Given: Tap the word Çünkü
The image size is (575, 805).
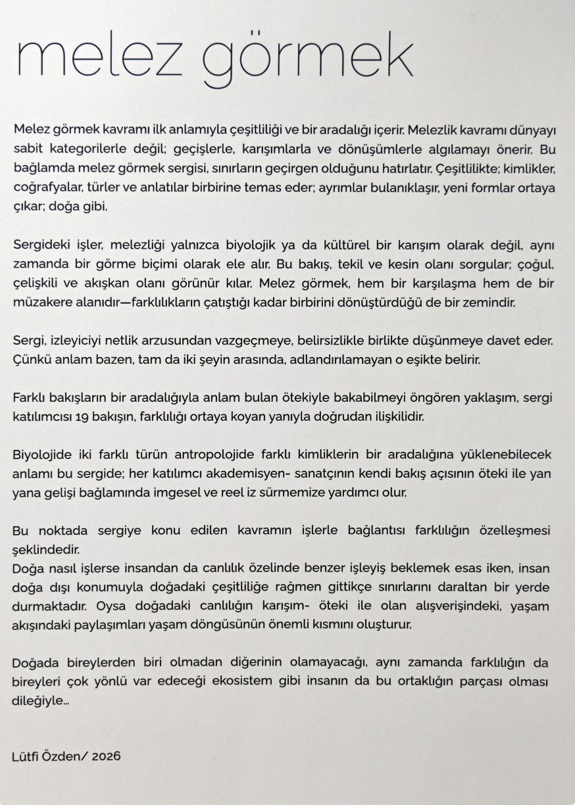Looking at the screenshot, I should tap(29, 360).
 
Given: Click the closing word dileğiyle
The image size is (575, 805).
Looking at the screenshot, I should tap(38, 700).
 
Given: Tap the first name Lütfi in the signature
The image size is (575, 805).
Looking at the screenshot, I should tap(26, 756).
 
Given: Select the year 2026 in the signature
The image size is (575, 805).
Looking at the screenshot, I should tap(107, 756).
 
